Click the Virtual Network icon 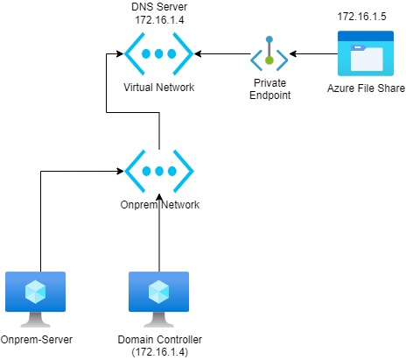point(158,53)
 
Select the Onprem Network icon point(159,171)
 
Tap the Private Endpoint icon point(269,53)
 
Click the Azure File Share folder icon point(366,53)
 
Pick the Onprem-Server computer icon point(35,300)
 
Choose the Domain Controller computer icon point(158,300)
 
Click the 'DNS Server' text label point(159,7)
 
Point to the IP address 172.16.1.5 point(361,17)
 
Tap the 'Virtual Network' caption point(158,88)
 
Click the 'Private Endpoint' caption point(269,88)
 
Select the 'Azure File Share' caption point(366,88)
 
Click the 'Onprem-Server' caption point(37,340)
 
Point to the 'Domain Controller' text point(160,340)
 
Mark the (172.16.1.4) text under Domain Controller point(160,352)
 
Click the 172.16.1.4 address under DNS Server point(159,20)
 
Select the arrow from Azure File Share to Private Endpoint point(313,53)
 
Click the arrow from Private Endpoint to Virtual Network point(222,53)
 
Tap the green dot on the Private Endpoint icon point(269,60)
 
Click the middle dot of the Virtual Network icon point(158,53)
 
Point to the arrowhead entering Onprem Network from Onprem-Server point(120,171)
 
